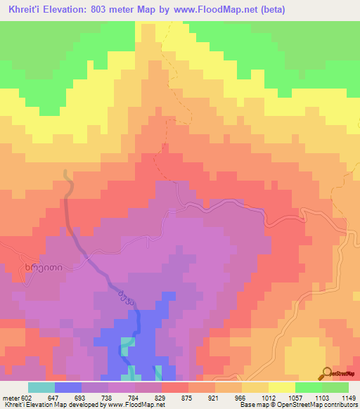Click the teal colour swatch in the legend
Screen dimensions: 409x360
point(41,387)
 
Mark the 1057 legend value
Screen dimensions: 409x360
point(308,398)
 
